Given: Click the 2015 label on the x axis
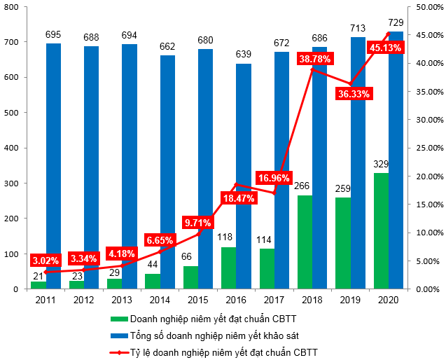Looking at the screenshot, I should tap(198, 300).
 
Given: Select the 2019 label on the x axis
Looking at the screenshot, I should tap(350, 300).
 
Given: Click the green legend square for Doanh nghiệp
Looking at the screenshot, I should tap(116, 319).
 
